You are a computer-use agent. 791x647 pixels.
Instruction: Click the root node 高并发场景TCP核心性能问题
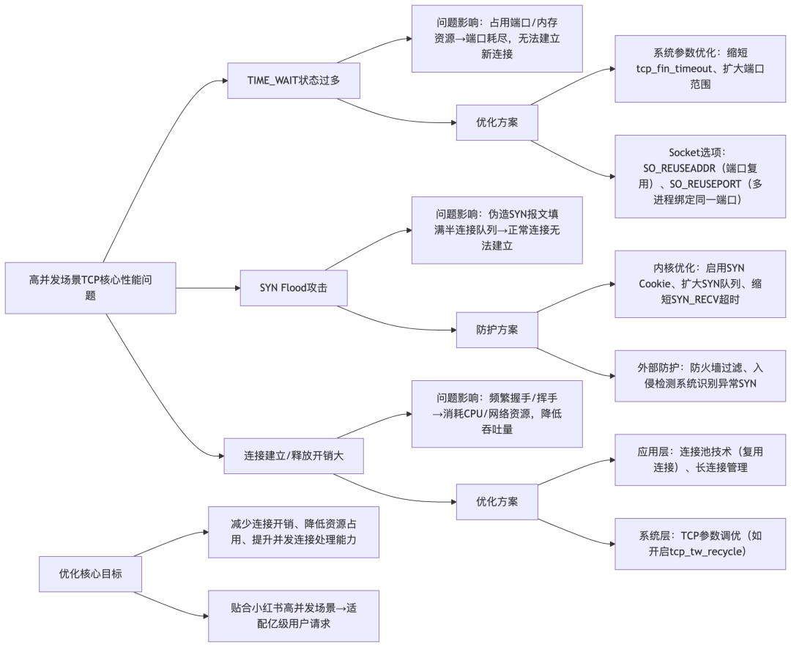90,288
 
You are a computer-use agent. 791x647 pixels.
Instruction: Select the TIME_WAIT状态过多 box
293,81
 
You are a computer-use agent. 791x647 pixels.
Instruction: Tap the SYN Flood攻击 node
293,288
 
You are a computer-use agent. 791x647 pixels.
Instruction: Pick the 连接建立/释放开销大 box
293,455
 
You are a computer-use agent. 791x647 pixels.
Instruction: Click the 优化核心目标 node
90,574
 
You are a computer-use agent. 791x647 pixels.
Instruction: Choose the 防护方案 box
497,330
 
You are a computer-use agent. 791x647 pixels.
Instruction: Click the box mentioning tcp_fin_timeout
700,69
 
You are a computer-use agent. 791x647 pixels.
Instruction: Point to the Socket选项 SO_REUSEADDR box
700,176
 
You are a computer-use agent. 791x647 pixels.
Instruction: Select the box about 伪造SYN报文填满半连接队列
497,230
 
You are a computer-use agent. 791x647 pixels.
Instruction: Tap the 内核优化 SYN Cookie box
700,284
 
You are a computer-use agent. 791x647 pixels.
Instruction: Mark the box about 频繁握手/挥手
497,413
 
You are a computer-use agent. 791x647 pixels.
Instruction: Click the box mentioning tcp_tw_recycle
700,543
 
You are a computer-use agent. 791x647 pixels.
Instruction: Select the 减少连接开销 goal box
293,532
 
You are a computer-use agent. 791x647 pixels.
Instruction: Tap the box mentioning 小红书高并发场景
293,615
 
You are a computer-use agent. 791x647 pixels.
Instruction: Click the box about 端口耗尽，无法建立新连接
497,38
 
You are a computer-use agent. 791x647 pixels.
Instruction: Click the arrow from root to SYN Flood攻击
208,288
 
